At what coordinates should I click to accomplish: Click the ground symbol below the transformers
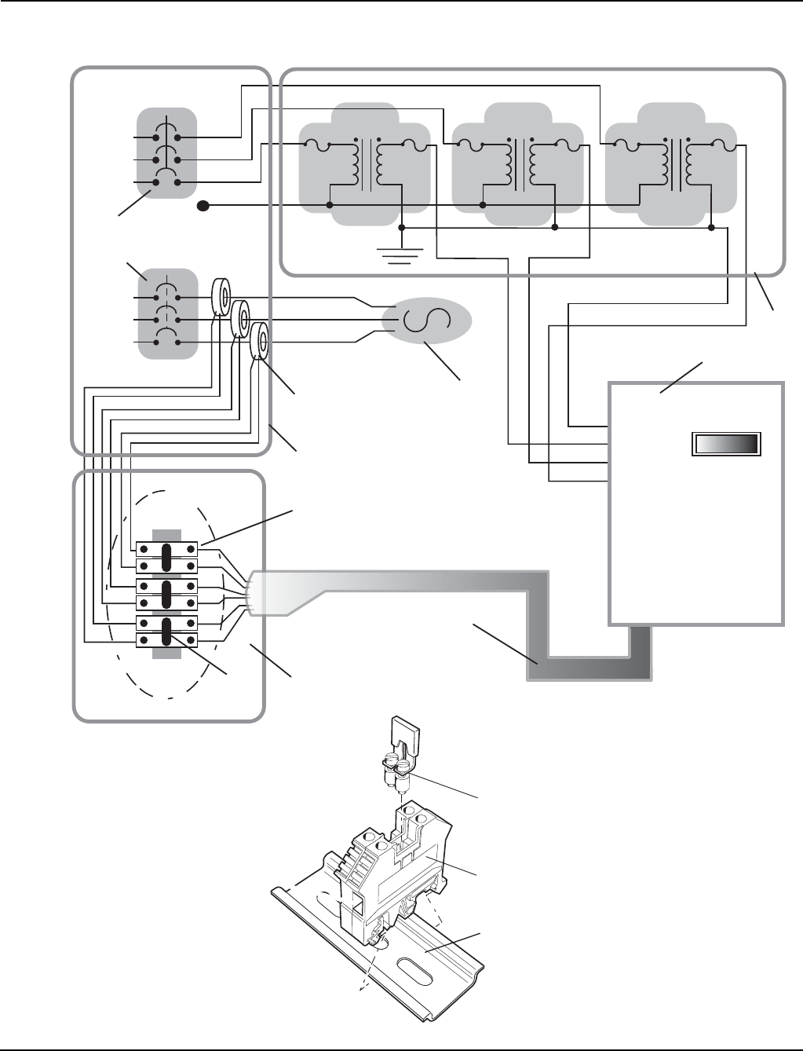click(400, 253)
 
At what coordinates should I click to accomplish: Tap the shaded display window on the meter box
click(726, 444)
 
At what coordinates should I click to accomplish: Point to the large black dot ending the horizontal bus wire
click(202, 207)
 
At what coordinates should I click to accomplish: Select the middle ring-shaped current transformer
click(244, 320)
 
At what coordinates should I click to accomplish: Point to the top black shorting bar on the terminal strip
click(167, 556)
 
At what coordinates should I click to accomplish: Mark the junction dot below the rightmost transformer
click(711, 228)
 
